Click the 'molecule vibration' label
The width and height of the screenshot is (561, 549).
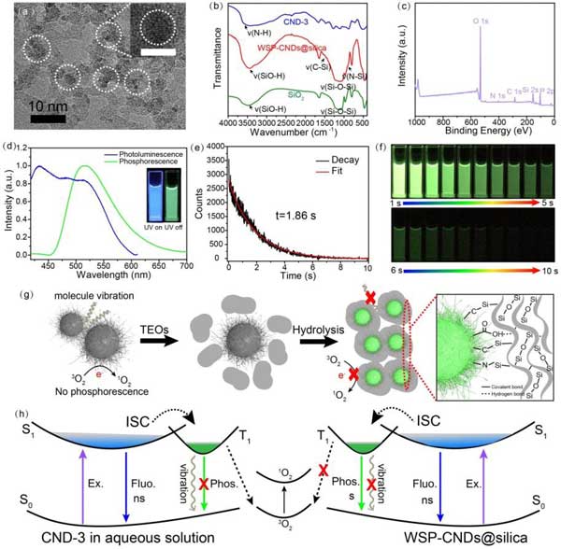coord(60,297)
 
